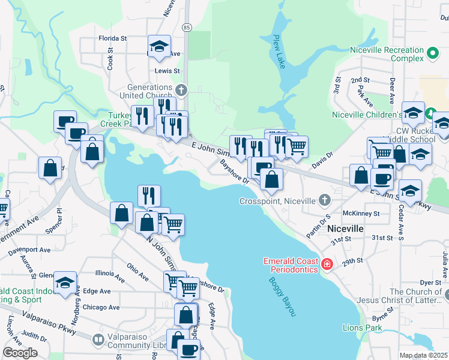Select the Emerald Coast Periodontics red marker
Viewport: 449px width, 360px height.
(327, 264)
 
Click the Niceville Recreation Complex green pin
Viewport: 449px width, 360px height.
(432, 54)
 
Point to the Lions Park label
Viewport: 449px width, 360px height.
(362, 328)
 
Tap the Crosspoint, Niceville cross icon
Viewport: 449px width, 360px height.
(325, 200)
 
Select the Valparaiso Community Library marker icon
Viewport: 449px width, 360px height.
(98, 340)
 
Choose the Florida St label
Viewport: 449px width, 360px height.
(113, 38)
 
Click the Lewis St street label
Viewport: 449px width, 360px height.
(167, 70)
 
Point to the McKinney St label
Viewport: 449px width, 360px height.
(361, 213)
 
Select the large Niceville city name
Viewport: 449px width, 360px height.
(345, 229)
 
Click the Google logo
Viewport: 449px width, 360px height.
(20, 353)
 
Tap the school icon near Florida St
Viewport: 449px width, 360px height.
(159, 46)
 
